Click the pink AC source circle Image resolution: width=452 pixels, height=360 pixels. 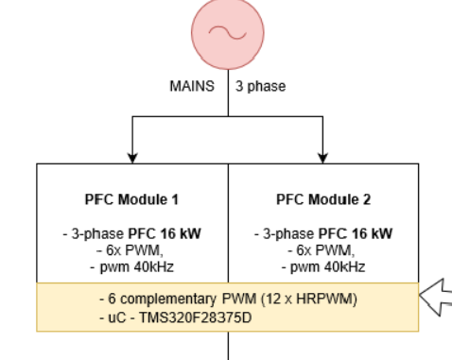click(x=228, y=33)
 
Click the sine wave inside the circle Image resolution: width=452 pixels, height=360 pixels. click(x=228, y=32)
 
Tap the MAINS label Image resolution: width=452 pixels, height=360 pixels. click(x=192, y=86)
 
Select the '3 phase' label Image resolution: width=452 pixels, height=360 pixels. click(x=260, y=87)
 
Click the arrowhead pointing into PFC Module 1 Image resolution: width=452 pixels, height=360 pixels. click(x=132, y=158)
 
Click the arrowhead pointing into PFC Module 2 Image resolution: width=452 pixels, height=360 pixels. click(x=322, y=158)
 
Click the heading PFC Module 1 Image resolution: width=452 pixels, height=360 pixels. click(x=131, y=199)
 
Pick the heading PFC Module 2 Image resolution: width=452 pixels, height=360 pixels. click(x=323, y=199)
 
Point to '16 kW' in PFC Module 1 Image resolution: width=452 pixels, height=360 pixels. click(x=181, y=233)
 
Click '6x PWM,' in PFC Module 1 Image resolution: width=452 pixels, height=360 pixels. click(x=134, y=250)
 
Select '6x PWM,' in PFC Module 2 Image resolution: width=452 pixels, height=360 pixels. click(x=325, y=250)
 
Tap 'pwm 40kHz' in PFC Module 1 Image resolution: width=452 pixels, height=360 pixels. click(x=137, y=267)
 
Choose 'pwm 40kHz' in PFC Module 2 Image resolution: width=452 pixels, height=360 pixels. click(x=328, y=267)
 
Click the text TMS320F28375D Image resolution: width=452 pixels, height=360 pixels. click(x=196, y=317)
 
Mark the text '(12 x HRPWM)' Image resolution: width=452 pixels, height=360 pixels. click(x=309, y=299)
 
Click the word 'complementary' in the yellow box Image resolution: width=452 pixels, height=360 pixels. click(x=168, y=300)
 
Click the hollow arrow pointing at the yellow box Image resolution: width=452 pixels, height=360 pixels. click(x=436, y=297)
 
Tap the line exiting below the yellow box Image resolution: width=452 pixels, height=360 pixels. click(x=228, y=346)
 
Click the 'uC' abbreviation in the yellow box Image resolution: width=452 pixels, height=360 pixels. click(x=117, y=318)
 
